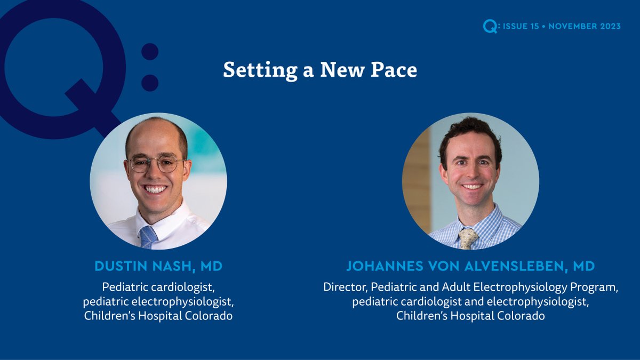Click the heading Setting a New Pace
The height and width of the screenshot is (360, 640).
click(320, 70)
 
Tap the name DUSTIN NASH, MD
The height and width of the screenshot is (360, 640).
click(158, 266)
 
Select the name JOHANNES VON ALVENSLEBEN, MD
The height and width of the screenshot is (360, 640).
click(470, 266)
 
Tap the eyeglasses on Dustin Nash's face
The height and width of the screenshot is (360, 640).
click(156, 164)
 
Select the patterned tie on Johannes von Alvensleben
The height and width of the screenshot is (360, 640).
click(468, 239)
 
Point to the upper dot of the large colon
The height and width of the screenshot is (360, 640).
click(150, 52)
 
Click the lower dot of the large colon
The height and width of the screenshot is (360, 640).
click(150, 83)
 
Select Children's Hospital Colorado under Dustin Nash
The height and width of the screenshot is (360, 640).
click(158, 316)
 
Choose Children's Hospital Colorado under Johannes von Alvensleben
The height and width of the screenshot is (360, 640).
click(470, 316)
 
